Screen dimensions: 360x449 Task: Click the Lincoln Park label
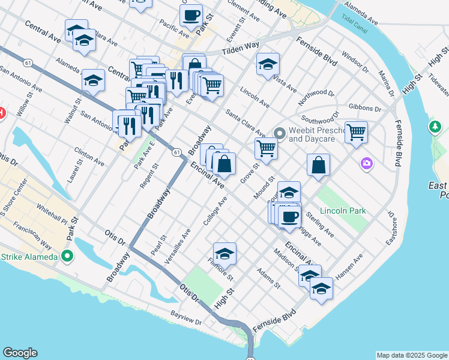point(343,211)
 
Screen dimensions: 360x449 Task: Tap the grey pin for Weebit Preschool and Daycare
point(279,133)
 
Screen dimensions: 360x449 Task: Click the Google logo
point(20,353)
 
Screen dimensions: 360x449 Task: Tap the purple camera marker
point(366,163)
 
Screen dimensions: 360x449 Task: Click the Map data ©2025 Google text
point(412,355)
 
